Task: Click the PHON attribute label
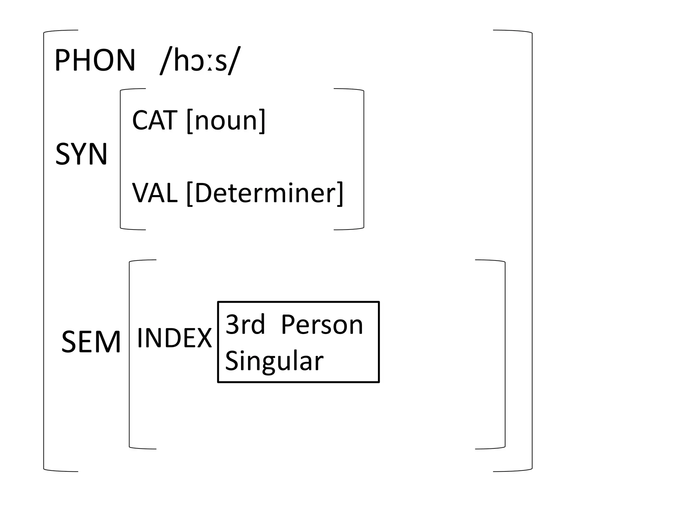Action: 95,61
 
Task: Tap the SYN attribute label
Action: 81,154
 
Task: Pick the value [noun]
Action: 226,120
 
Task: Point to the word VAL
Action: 155,193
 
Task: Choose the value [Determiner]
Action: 265,193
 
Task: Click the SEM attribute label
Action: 91,342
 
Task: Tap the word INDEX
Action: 174,338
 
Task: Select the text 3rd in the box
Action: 245,324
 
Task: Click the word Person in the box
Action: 322,324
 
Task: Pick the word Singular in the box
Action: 274,361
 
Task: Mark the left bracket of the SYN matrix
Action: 121,159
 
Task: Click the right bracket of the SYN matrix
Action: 363,159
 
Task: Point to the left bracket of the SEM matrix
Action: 130,354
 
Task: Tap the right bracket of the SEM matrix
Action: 505,354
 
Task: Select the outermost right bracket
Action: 532,251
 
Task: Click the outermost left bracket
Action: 44,251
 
